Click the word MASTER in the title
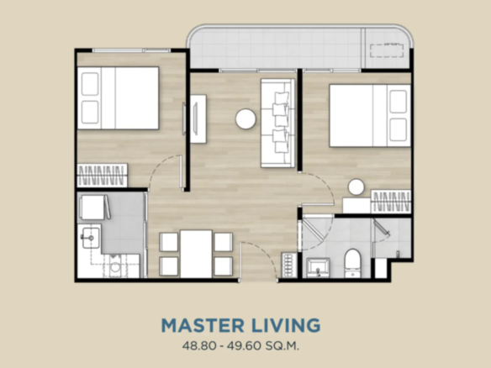tap(203, 325)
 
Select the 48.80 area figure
tap(199, 346)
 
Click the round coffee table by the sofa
tap(245, 118)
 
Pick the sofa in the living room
tap(277, 123)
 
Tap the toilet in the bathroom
tap(352, 263)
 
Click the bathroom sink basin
tap(318, 267)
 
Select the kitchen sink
tap(91, 238)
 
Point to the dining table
tap(196, 254)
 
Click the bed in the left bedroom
tap(118, 98)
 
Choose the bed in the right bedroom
tap(370, 115)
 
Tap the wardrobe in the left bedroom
tap(102, 176)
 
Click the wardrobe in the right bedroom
tap(391, 201)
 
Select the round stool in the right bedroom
tap(356, 187)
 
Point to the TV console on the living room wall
tap(198, 119)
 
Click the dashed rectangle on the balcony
tap(387, 50)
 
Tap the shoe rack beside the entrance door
tap(288, 265)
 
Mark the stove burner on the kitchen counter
tap(115, 266)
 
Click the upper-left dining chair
tap(169, 242)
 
